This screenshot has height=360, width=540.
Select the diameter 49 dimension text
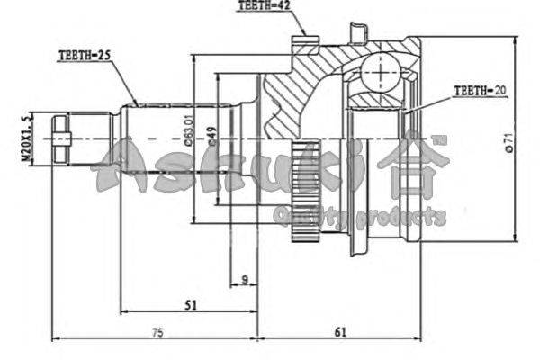point(212,136)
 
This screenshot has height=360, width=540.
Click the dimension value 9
point(245,281)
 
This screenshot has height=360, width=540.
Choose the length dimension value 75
point(157,333)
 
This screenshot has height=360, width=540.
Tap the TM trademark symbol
point(437,139)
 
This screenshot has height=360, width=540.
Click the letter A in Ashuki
point(123,166)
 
